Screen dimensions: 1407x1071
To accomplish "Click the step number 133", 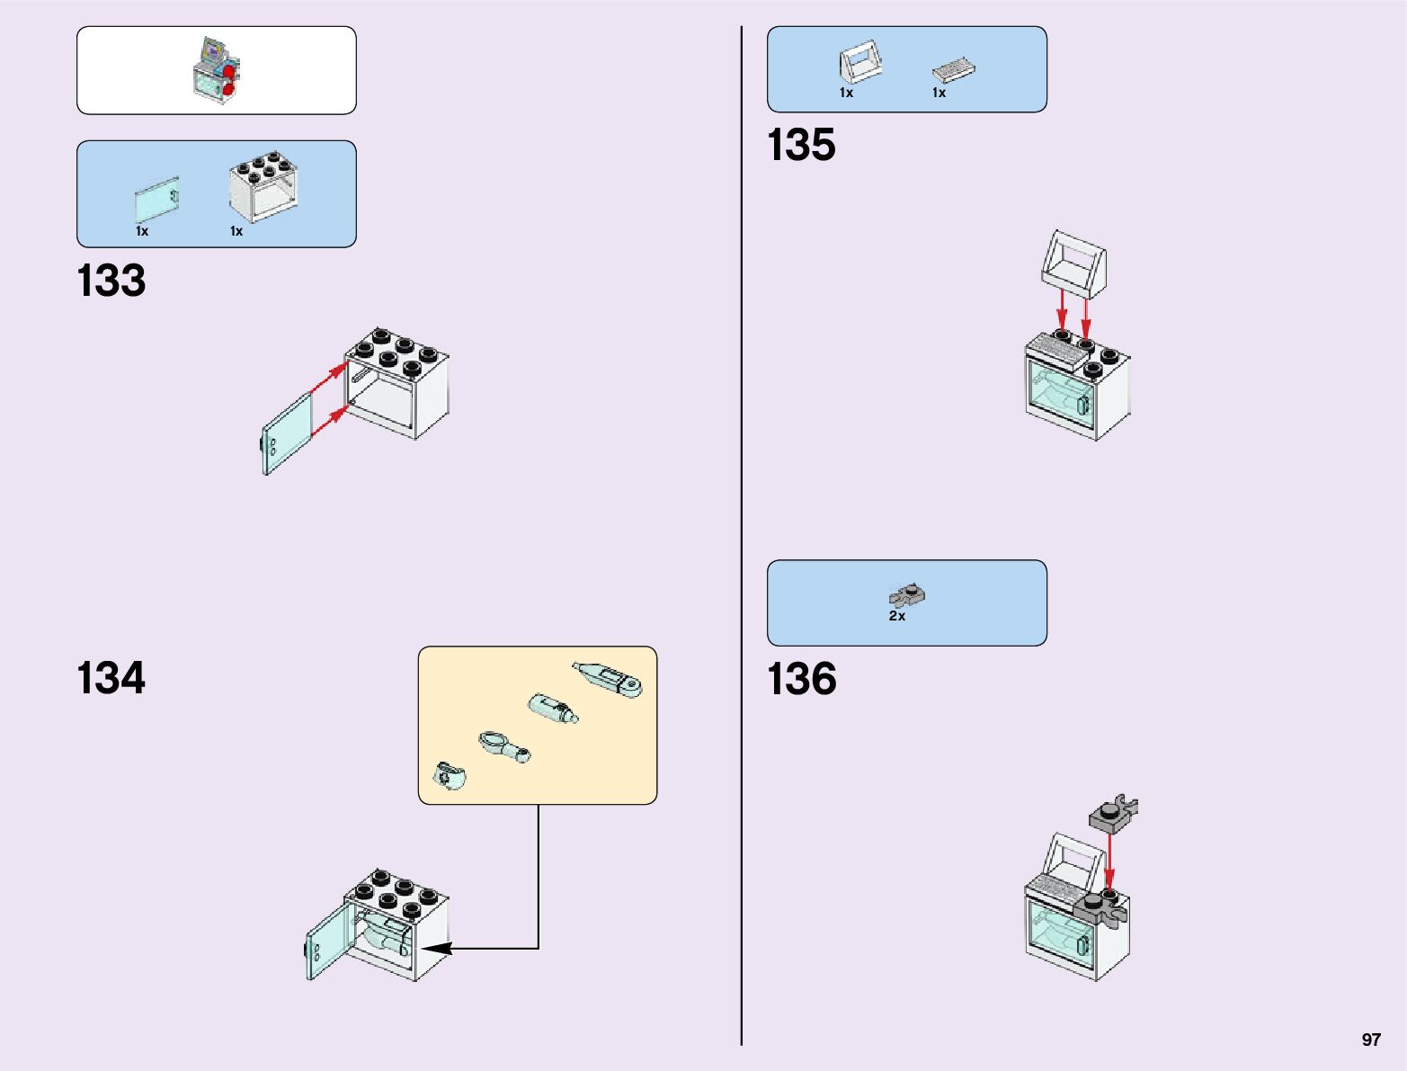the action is (x=111, y=281).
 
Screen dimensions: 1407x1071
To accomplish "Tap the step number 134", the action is (x=111, y=678).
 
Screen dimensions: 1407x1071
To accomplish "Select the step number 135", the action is (x=801, y=146).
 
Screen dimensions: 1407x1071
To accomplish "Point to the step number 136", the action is (x=801, y=679).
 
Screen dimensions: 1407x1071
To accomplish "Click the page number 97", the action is (x=1370, y=1040).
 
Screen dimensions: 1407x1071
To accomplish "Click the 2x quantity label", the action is (x=896, y=617).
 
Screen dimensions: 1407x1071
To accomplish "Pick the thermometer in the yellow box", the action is (x=608, y=679).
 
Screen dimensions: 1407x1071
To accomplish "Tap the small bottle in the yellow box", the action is (x=553, y=708).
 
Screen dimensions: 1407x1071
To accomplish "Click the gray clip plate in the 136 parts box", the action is (x=908, y=595).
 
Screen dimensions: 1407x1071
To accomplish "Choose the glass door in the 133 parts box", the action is (x=157, y=200).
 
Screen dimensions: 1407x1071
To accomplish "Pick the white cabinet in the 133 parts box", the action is (x=264, y=186).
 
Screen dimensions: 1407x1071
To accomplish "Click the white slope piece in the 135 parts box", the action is (x=859, y=63).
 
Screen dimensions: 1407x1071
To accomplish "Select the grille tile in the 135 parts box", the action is (x=954, y=70).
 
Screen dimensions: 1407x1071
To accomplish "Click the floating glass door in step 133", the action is (x=286, y=434).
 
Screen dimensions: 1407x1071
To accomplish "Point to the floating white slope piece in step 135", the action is (x=1073, y=263).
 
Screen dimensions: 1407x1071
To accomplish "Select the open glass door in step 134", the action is (x=330, y=941).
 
